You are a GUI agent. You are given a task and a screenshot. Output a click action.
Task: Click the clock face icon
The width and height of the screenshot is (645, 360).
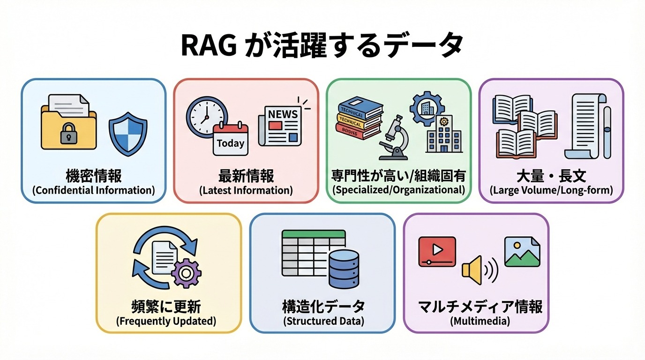click(207, 116)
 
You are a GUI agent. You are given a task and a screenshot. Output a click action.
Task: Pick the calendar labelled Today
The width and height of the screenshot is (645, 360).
click(230, 139)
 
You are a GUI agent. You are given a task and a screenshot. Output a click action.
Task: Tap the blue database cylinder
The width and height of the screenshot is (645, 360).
click(344, 269)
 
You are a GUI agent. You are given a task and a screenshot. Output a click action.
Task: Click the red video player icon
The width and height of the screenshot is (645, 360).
click(437, 252)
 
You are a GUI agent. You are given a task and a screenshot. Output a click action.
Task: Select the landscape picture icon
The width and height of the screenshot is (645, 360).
click(522, 252)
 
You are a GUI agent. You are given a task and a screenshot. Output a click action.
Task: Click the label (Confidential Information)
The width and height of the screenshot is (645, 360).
click(93, 191)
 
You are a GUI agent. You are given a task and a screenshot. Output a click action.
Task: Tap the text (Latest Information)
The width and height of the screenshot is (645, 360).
click(246, 191)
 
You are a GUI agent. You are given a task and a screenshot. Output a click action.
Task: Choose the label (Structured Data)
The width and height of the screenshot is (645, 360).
click(323, 322)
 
